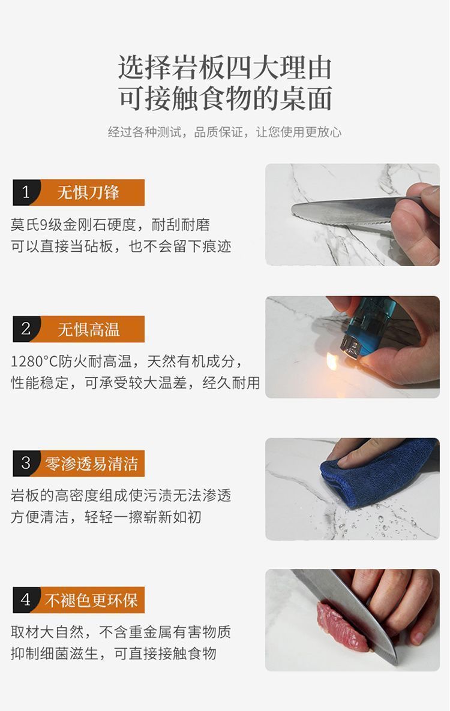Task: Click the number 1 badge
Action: click(25, 192)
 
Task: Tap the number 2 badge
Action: click(25, 329)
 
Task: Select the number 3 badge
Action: click(25, 463)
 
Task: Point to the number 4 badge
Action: click(25, 599)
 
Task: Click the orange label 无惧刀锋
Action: click(88, 192)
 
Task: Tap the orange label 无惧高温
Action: click(88, 329)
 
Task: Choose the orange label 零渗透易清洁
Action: click(91, 463)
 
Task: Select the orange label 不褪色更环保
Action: click(91, 600)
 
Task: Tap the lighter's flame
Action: click(332, 361)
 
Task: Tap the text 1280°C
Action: click(34, 361)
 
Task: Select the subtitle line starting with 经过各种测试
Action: click(224, 132)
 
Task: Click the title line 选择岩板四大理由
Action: click(225, 68)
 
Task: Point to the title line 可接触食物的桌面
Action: click(225, 98)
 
